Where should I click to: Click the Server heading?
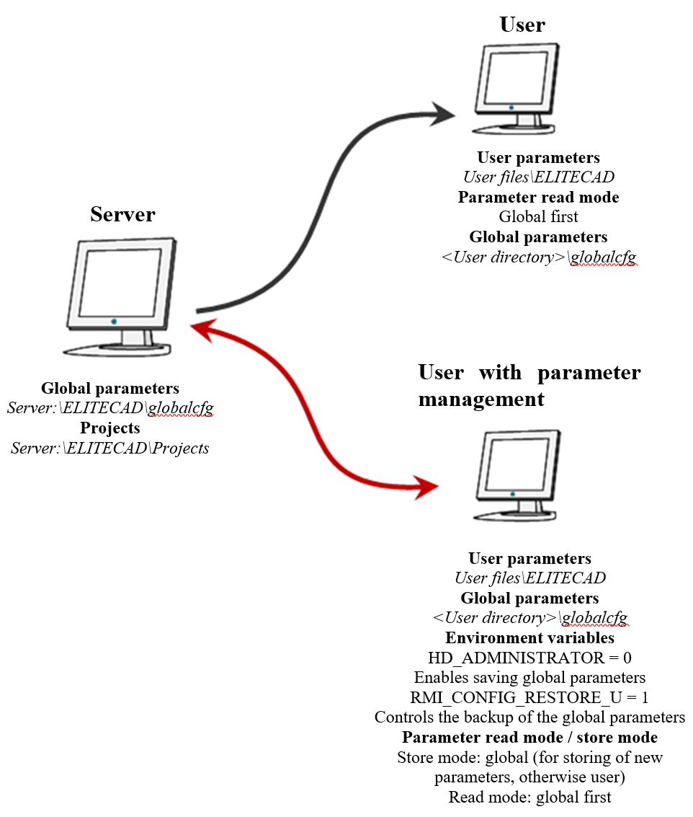[122, 214]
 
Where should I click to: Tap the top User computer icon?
[517, 88]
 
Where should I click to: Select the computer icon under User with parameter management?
[517, 476]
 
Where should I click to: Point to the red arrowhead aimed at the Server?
[204, 330]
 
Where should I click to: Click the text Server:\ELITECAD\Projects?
[110, 448]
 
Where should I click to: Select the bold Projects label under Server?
[109, 428]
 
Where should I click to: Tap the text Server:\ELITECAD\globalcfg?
[110, 408]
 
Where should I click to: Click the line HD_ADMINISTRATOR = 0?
[529, 658]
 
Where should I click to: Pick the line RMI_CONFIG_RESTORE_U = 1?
[529, 697]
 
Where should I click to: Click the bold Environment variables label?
[529, 638]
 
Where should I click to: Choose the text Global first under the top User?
[538, 216]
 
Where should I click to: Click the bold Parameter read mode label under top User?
[538, 197]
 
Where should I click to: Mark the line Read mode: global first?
[529, 797]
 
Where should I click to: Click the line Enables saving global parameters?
[529, 678]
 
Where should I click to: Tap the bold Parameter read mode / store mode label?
[529, 737]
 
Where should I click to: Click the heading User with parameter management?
[529, 385]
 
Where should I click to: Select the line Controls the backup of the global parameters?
[529, 717]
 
